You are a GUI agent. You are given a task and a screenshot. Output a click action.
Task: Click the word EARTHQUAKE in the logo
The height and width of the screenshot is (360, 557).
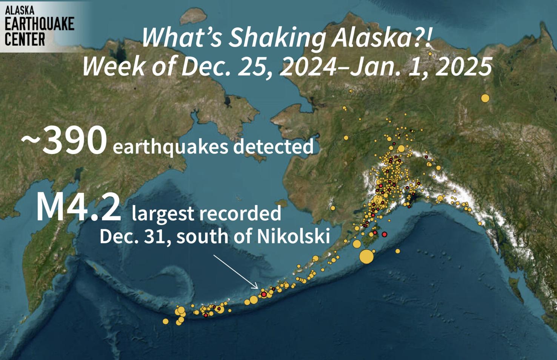coord(39,24)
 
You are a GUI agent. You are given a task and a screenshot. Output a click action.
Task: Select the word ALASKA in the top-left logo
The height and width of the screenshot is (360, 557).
coord(20,10)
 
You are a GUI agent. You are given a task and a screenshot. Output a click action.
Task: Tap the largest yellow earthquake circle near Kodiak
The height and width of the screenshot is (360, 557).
coord(366,257)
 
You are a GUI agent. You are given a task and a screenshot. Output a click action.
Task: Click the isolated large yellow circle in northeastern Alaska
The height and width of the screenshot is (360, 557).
coord(485,98)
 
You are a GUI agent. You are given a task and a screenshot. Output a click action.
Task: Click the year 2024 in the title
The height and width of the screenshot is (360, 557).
coord(308,67)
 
